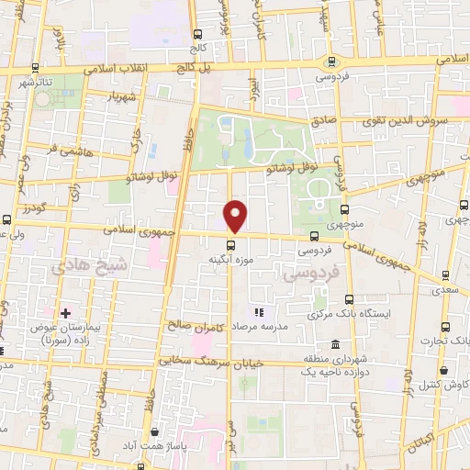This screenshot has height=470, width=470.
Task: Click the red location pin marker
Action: [x=236, y=216]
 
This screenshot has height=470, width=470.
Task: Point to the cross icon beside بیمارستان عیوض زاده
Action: [x=65, y=313]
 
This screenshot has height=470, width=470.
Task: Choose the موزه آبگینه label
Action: [x=230, y=261]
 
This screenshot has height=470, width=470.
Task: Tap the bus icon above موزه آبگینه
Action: [x=230, y=244]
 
